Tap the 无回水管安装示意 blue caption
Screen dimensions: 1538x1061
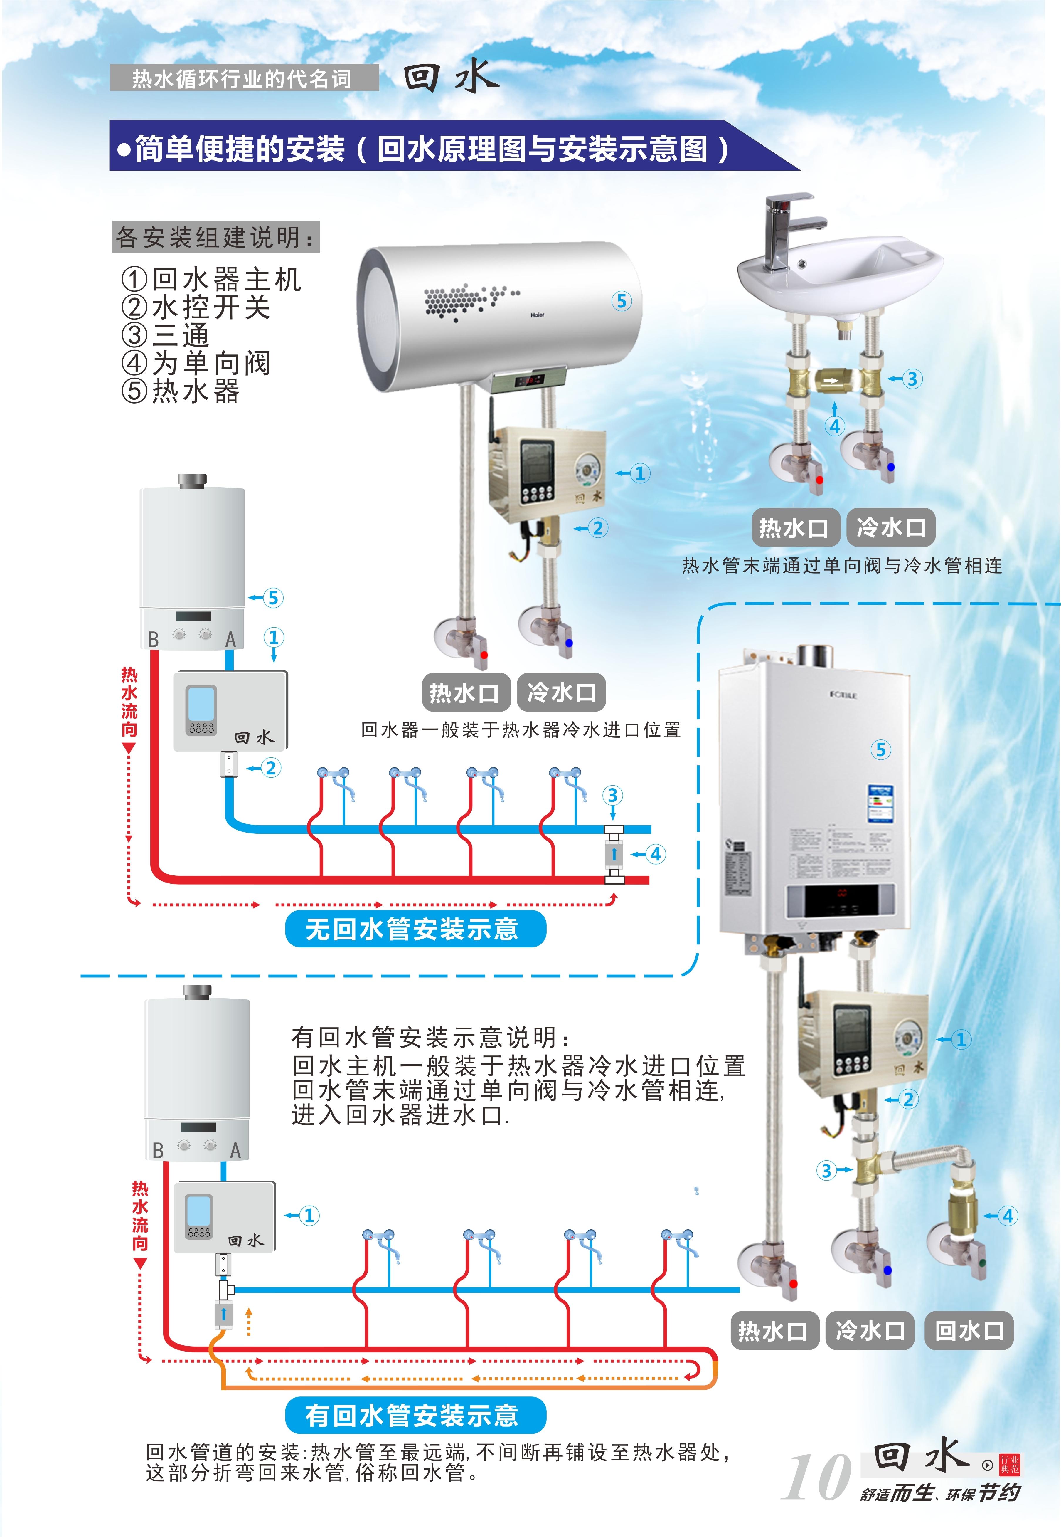[415, 929]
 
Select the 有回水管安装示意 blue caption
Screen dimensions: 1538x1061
[415, 1415]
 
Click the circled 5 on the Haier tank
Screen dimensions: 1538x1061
[621, 301]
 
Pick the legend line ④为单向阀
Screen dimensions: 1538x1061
[196, 363]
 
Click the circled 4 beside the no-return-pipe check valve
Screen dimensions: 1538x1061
[656, 854]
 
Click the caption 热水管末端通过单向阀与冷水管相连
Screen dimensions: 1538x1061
[842, 566]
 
